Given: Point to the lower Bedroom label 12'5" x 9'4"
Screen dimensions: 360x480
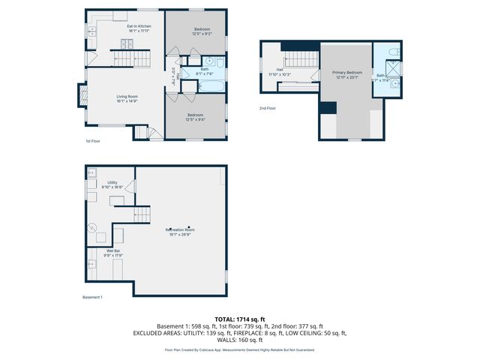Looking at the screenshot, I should [x=196, y=117].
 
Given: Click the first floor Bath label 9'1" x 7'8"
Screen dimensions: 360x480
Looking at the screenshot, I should [x=205, y=72].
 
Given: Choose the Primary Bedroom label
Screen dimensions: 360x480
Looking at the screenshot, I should [x=347, y=74].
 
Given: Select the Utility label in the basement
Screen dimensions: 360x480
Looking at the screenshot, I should [x=112, y=185].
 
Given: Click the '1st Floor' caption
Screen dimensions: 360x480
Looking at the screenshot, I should [x=93, y=141].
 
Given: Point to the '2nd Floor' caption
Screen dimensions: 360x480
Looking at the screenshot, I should [x=268, y=109].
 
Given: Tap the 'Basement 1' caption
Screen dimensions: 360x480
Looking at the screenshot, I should [x=92, y=297].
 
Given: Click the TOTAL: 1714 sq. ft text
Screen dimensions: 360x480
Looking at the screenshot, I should [x=239, y=319].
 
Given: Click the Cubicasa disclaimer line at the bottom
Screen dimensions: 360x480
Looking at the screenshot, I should [x=239, y=349].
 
